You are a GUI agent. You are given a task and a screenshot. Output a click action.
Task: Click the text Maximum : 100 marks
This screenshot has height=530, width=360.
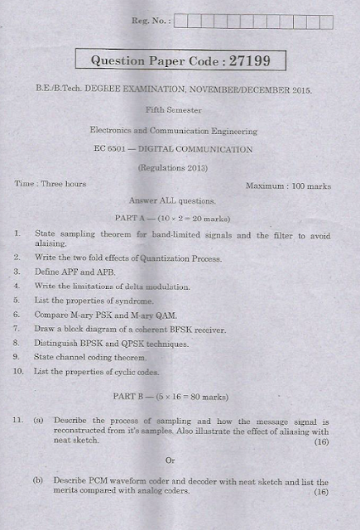(288, 186)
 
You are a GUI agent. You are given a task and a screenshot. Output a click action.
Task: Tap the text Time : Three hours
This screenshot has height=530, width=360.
(50, 183)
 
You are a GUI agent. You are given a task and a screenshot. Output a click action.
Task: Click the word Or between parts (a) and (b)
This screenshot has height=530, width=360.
(170, 460)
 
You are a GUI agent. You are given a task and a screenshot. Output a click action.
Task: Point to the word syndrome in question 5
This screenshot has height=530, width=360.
(134, 301)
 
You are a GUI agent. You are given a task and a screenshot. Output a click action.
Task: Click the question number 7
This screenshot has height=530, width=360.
(17, 329)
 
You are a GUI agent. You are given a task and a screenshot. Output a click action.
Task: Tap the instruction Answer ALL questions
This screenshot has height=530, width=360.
(173, 200)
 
